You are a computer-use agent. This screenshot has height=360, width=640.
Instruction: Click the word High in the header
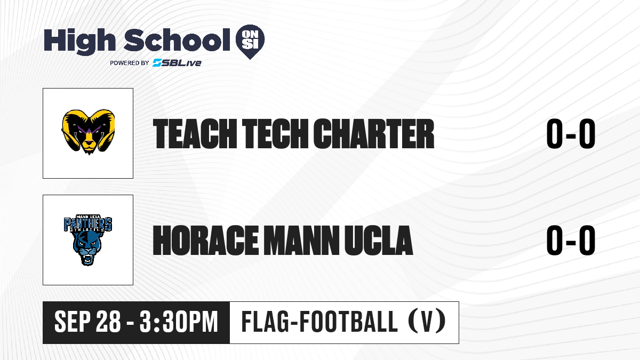(x=79, y=41)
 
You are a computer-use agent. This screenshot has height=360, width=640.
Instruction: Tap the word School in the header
(x=177, y=40)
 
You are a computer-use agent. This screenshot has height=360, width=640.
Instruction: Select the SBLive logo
(x=177, y=63)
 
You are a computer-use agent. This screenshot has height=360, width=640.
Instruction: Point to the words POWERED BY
(x=130, y=63)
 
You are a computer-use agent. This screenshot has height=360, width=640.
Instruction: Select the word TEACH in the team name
(x=195, y=134)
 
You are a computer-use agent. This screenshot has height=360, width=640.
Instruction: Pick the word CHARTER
(x=374, y=134)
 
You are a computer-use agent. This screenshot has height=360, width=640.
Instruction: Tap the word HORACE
(x=205, y=241)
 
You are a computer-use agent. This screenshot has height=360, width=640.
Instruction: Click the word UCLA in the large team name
(x=379, y=241)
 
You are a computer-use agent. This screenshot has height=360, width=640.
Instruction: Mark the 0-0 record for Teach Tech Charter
(x=571, y=134)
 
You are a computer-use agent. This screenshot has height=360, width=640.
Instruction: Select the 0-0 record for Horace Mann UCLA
(x=571, y=241)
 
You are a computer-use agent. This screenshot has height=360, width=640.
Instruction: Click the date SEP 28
(x=87, y=322)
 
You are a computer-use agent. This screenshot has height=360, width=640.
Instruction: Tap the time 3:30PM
(x=179, y=322)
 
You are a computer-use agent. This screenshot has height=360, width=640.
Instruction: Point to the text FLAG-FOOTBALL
(x=319, y=322)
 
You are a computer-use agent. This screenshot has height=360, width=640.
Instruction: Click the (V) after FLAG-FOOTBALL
(x=427, y=322)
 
